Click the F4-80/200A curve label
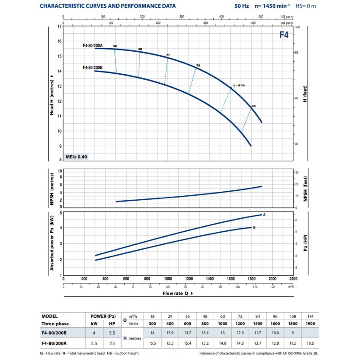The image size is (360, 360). point(93,45)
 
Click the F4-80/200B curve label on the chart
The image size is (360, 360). point(93,67)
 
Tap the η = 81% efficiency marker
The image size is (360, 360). point(239,85)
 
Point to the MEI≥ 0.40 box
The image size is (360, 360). point(76,157)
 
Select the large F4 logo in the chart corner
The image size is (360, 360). point(284,35)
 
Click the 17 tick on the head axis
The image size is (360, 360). point(59,27)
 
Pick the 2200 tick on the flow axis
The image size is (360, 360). point(293,279)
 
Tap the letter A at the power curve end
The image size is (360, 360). point(264,215)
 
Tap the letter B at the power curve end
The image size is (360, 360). point(254,227)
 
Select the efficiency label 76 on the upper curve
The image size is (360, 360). point(198,65)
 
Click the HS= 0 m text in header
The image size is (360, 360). point(306,6)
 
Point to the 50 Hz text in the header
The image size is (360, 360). point(242,6)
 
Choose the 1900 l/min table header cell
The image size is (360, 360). point(310,324)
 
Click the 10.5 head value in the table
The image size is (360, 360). point(310,343)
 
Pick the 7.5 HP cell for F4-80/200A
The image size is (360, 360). point(112,343)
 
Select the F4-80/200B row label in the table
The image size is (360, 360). point(54,333)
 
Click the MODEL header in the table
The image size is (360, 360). point(49,316)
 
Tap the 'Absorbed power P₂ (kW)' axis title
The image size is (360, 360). point(52,243)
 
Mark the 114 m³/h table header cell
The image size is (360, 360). point(310,316)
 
